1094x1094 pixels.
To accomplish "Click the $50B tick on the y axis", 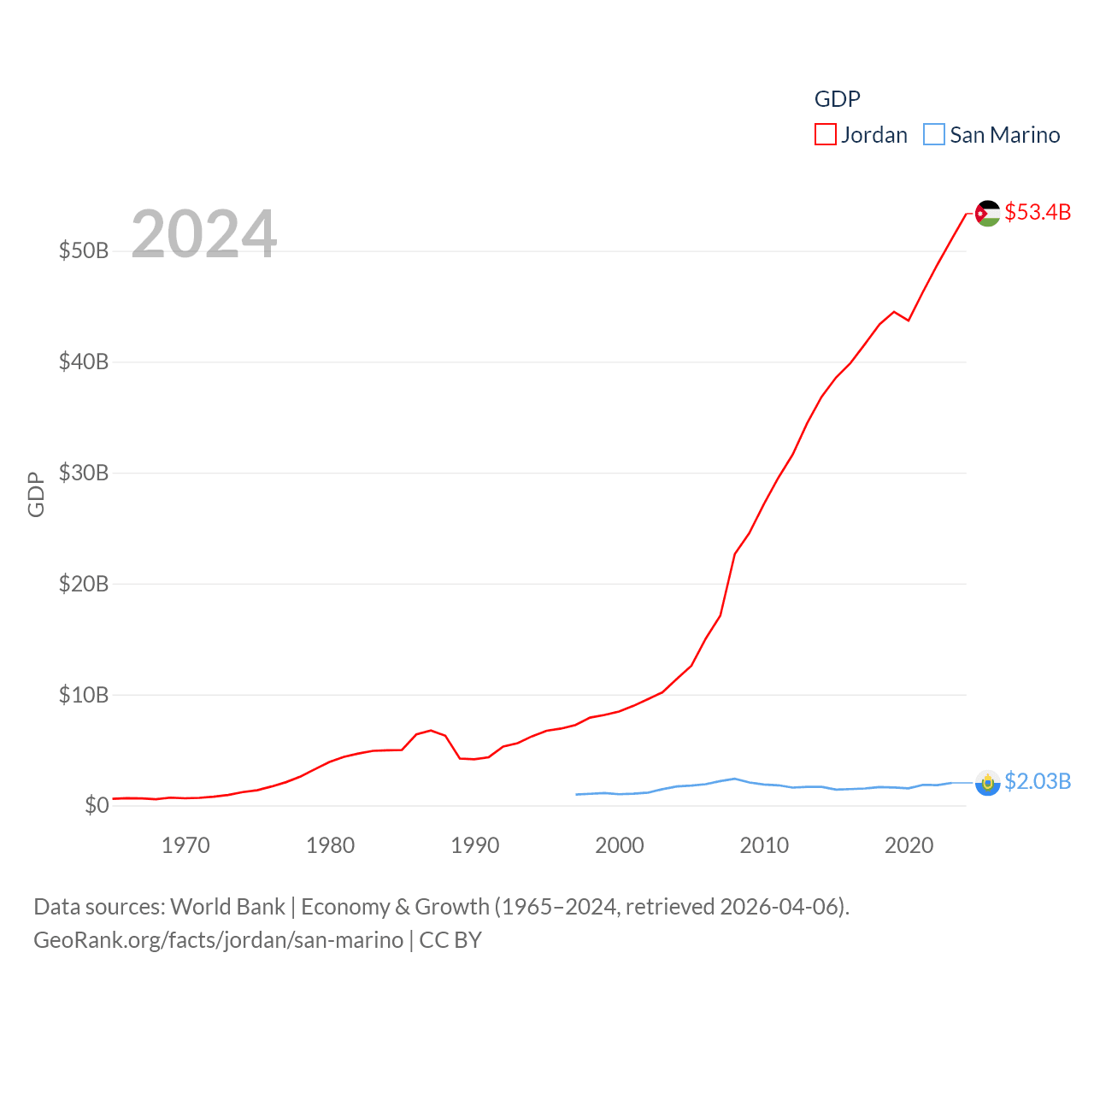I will click(x=84, y=250).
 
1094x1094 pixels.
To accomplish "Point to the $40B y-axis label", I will click(x=84, y=362).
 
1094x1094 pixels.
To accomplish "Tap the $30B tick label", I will click(x=84, y=473).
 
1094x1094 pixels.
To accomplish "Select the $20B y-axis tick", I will click(x=84, y=584).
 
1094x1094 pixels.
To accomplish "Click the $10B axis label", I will click(x=84, y=695).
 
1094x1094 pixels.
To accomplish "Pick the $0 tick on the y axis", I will click(x=97, y=805).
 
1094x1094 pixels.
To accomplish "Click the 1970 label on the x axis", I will click(x=185, y=846).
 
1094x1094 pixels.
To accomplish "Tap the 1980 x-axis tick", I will click(x=330, y=846).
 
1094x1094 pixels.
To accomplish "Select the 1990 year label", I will click(x=474, y=846).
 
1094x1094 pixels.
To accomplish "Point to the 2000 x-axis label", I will click(x=620, y=846).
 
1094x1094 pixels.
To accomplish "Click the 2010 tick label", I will click(x=764, y=846).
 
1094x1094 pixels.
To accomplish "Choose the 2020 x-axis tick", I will click(x=909, y=846).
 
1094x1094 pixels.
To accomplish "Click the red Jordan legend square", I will click(x=825, y=135).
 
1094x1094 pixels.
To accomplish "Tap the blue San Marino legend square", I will click(x=934, y=135).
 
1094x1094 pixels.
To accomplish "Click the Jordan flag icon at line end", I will click(x=987, y=213).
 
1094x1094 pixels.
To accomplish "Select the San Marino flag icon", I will click(x=987, y=782).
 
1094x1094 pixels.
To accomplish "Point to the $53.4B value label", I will click(x=1038, y=212).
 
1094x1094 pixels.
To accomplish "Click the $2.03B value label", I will click(x=1038, y=781).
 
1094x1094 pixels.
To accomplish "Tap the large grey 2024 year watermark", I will click(x=204, y=234).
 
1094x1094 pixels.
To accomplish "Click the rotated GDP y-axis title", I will click(x=36, y=494).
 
